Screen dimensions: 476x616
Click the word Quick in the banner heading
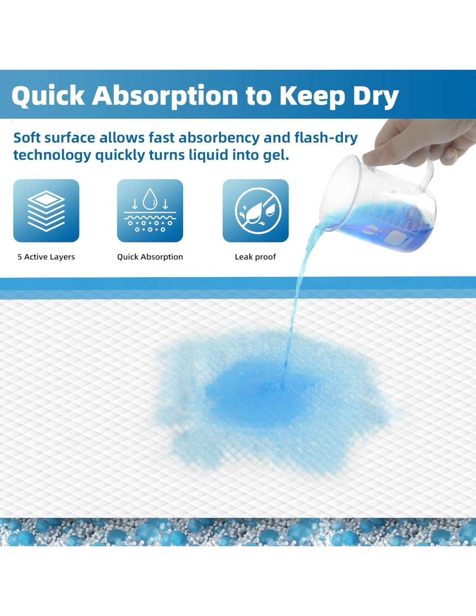pyautogui.click(x=48, y=96)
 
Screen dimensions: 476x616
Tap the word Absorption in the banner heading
pyautogui.click(x=165, y=95)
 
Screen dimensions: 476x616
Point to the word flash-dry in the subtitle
pyautogui.click(x=326, y=138)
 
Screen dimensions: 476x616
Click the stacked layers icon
pyautogui.click(x=46, y=211)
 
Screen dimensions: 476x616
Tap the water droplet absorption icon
pyautogui.click(x=150, y=211)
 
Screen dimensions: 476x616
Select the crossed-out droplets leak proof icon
pyautogui.click(x=255, y=211)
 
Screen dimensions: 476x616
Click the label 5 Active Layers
pyautogui.click(x=46, y=257)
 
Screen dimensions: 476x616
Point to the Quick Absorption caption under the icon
pyautogui.click(x=150, y=257)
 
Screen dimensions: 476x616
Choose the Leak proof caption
pyautogui.click(x=255, y=257)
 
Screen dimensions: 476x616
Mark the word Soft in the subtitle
pyautogui.click(x=27, y=138)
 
